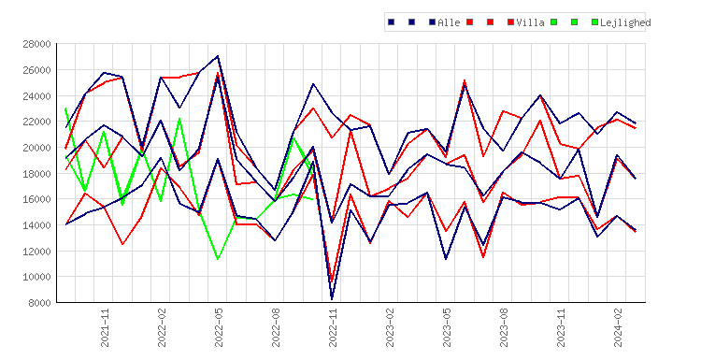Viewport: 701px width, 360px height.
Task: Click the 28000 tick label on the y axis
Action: [36, 44]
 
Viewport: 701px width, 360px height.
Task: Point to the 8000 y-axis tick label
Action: [39, 303]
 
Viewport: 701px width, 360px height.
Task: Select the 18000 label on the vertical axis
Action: [36, 174]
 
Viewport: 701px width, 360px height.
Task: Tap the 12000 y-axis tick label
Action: [36, 251]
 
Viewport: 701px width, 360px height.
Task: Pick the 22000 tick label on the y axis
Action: [36, 122]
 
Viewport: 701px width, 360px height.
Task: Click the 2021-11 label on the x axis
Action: [105, 327]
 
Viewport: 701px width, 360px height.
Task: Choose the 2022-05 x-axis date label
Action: [219, 327]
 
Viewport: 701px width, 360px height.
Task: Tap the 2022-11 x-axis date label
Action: [333, 327]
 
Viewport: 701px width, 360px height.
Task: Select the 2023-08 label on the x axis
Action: [504, 327]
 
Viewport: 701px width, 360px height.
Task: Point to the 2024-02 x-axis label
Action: [618, 327]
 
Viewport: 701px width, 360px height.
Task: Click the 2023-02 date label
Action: [390, 327]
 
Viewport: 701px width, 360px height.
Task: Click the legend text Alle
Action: [449, 22]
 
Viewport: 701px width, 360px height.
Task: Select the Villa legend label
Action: [530, 22]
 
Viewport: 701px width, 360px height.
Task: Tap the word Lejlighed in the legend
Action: [625, 22]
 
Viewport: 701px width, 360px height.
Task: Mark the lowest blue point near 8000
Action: [332, 298]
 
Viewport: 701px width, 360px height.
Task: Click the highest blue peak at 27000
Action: [218, 56]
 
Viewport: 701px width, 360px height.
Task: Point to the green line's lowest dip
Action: [218, 259]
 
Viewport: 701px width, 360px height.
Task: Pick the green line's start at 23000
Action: [65, 108]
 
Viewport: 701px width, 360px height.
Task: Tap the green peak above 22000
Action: [179, 119]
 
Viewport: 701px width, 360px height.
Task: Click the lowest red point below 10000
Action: [332, 281]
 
